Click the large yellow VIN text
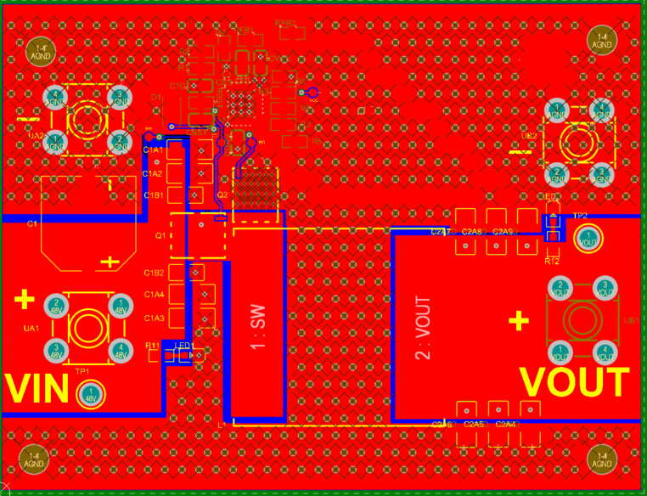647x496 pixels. [37, 389]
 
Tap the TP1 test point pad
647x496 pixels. [89, 394]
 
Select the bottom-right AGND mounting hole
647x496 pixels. [603, 459]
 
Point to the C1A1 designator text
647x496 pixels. [154, 150]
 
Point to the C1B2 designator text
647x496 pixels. [154, 273]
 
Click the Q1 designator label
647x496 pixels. [159, 235]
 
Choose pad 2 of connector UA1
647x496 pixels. [56, 303]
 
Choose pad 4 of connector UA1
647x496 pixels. [121, 347]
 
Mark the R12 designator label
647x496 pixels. [552, 262]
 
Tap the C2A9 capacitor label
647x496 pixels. [503, 232]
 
